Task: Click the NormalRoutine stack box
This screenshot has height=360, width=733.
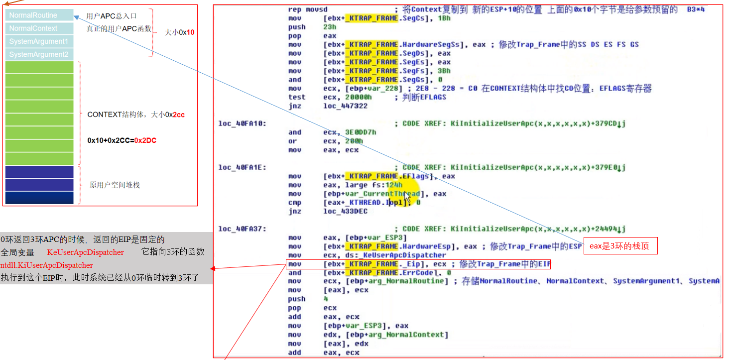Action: [40, 15]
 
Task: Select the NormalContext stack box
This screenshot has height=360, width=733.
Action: [40, 28]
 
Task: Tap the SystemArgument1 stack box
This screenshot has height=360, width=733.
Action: [40, 41]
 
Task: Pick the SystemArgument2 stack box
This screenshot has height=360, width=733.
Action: [40, 54]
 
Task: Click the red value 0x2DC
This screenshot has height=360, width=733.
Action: [145, 140]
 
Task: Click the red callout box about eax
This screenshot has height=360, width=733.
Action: [620, 245]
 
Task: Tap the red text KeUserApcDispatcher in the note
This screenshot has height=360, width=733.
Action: [85, 252]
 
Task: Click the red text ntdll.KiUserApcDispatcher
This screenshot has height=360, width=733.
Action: [47, 265]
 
